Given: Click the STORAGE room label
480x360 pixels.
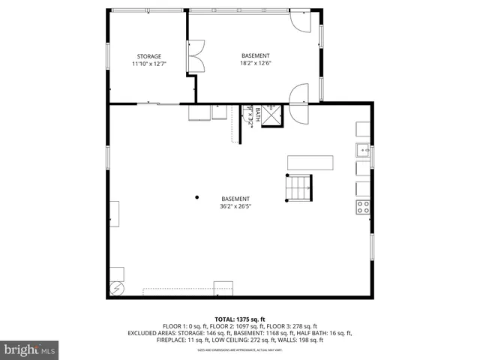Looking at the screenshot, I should [148, 56].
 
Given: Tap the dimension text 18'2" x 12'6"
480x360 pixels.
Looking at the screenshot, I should [256, 64].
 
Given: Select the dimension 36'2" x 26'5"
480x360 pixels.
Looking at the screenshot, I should [235, 206].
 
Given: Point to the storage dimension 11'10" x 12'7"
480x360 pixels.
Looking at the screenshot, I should [148, 64].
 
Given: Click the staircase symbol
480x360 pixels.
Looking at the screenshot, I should [298, 187].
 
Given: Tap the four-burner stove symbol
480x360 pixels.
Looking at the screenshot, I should [363, 207].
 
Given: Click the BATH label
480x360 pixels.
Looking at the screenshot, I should [257, 113].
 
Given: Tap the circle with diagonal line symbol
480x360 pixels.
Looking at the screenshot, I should [117, 286].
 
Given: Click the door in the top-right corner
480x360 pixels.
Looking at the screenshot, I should [298, 22].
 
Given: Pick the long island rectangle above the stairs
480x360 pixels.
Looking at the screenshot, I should [310, 163].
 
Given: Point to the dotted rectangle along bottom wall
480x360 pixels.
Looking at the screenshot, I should [180, 292].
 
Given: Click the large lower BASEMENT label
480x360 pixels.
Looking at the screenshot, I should [235, 199].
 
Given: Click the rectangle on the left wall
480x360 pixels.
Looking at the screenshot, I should [115, 213].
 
